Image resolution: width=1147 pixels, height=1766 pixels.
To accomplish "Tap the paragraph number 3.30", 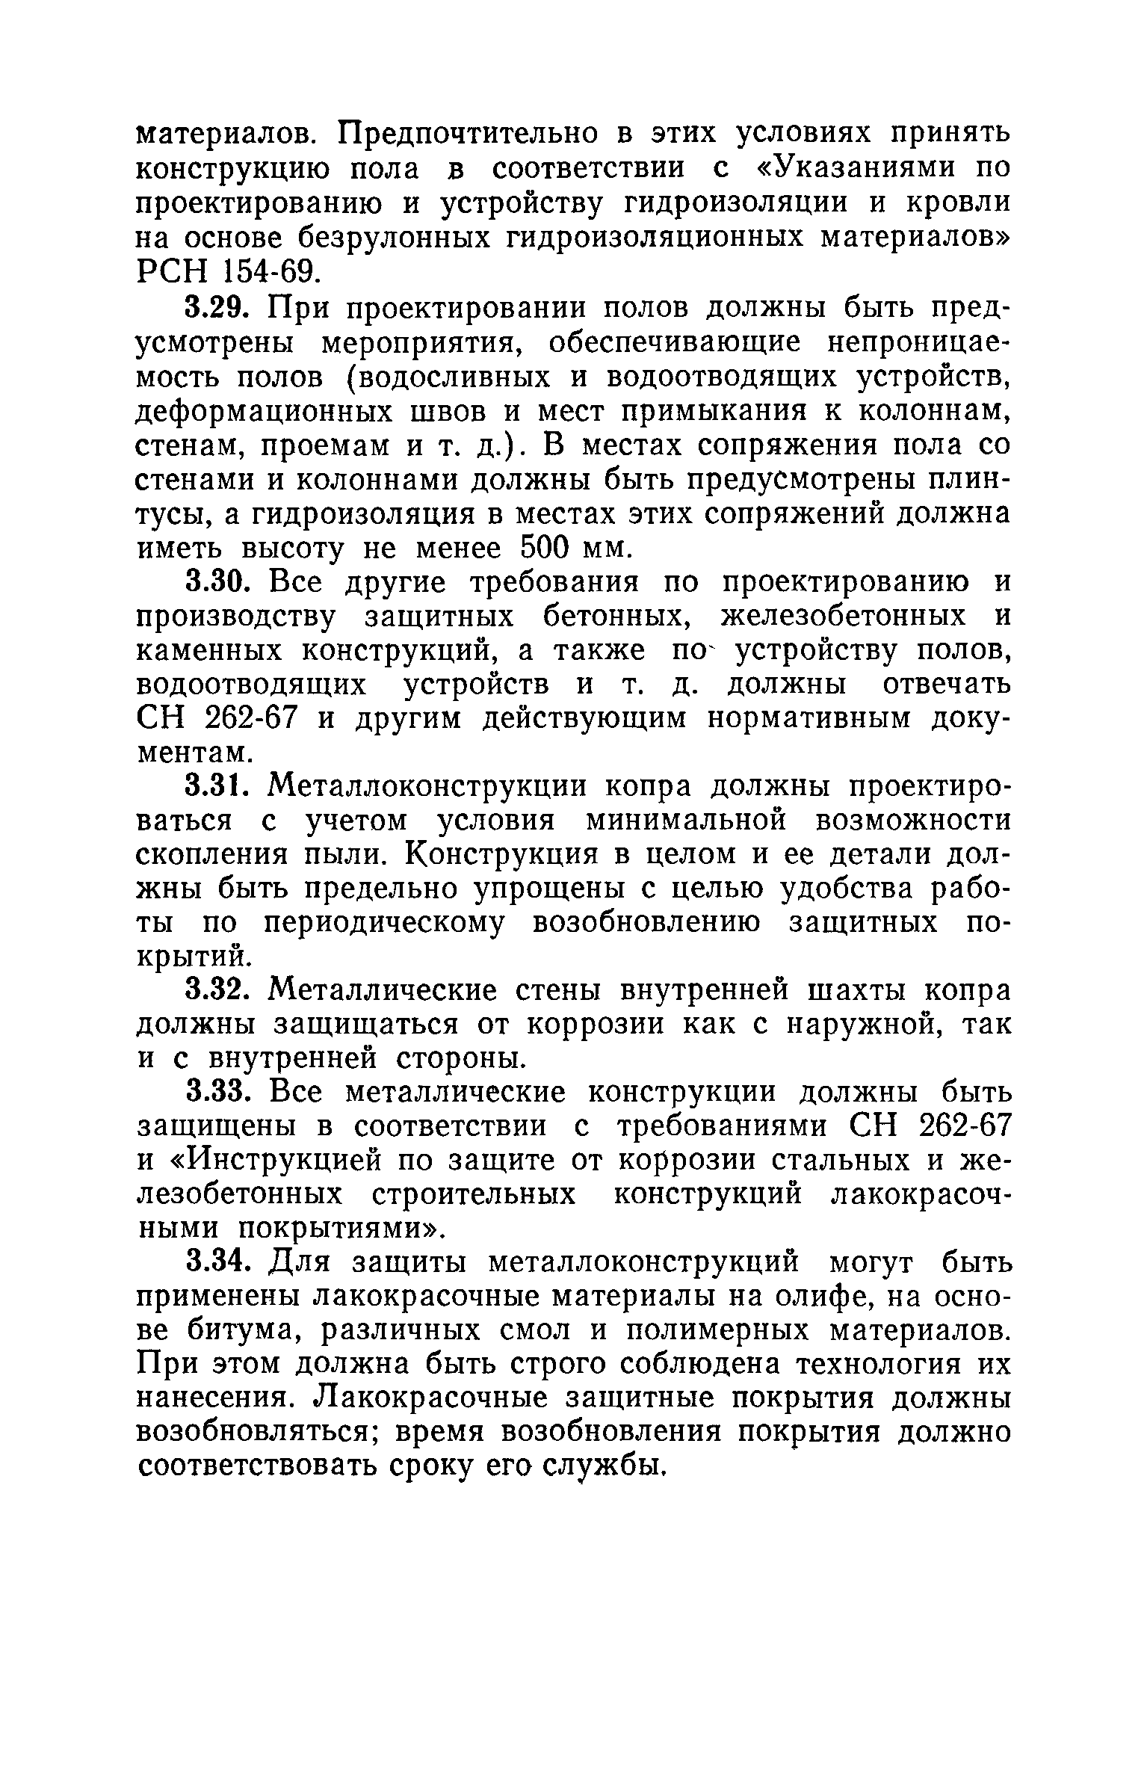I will tap(220, 582).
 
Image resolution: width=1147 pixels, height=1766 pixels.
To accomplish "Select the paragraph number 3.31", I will tap(220, 787).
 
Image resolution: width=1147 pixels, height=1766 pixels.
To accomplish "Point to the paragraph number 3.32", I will tap(220, 992).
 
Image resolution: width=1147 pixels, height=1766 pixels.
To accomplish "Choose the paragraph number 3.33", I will tap(220, 1093).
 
